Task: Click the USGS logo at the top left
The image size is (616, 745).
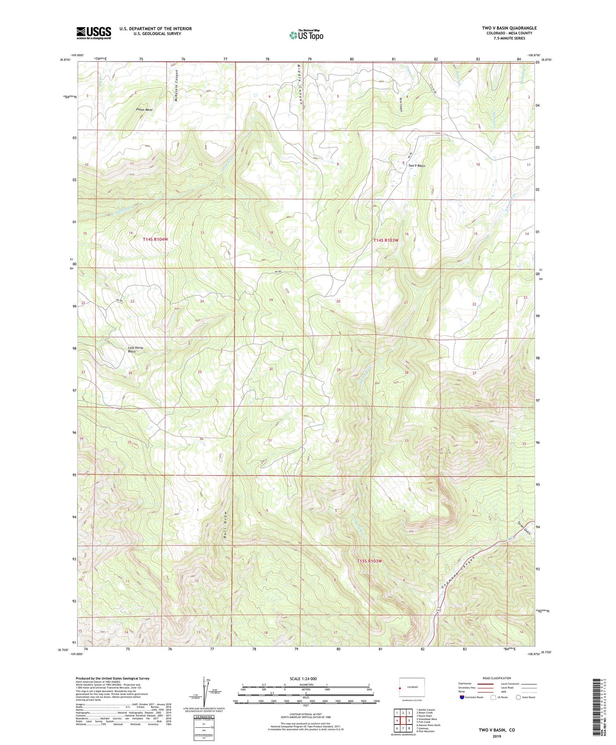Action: tap(94, 33)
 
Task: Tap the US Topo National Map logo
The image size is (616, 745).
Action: tap(306, 35)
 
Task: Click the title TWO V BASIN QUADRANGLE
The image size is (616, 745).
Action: tap(509, 28)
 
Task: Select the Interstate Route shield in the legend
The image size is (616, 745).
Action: tap(462, 697)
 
